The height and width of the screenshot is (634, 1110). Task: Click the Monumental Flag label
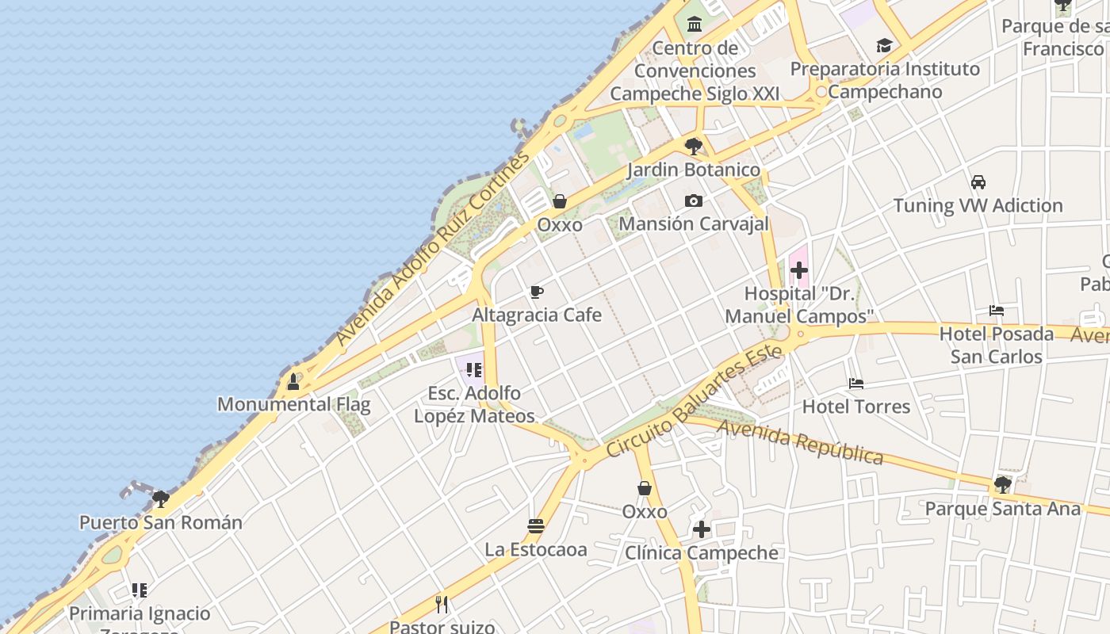[293, 404]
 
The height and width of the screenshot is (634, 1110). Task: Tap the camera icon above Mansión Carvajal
[694, 201]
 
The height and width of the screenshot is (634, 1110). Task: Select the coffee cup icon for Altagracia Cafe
[537, 292]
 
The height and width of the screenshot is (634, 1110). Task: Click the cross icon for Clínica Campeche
[702, 529]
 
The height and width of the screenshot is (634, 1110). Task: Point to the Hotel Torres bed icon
[856, 384]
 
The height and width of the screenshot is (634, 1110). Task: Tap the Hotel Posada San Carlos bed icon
[997, 311]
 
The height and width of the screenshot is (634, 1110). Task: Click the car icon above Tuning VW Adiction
[978, 182]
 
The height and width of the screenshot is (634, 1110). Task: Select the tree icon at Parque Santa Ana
[1002, 484]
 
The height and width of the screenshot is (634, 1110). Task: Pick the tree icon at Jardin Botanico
[693, 147]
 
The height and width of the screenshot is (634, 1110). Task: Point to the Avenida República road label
[800, 442]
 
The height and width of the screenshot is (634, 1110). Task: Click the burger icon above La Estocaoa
[536, 526]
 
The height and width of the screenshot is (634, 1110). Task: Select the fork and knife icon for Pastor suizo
[442, 605]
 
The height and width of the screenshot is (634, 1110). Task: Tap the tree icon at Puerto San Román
[161, 498]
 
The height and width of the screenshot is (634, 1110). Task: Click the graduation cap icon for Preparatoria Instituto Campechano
[884, 46]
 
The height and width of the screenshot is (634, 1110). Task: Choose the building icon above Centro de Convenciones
[695, 24]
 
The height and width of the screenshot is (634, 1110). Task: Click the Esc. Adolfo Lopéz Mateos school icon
[474, 369]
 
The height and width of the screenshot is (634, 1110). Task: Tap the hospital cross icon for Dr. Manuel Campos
[799, 270]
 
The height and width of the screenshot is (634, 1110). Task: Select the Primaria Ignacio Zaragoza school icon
[140, 590]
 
